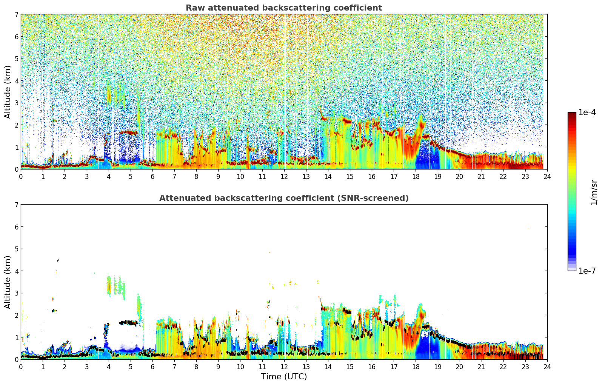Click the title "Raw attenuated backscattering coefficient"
283,8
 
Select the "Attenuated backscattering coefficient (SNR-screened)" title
283,198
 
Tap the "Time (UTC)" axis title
284,377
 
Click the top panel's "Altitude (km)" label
8,92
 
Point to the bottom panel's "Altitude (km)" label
8,282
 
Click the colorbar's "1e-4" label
587,112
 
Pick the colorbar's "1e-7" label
587,271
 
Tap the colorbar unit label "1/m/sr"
594,192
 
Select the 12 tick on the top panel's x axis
284,176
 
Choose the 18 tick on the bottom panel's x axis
416,367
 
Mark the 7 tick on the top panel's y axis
17,15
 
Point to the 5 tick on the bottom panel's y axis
17,249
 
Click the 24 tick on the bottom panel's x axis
547,367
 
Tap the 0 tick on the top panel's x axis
21,176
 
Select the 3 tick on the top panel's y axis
17,103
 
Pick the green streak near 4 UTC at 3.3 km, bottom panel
109,285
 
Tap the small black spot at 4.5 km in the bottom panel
58,260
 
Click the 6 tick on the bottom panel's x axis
152,367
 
